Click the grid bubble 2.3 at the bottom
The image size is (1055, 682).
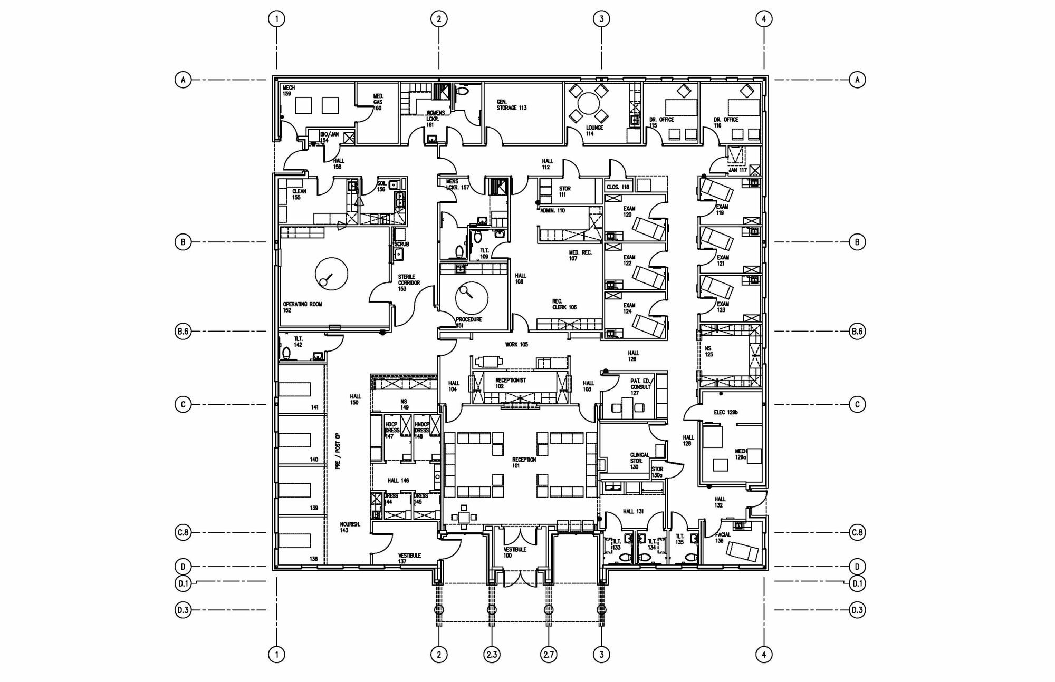(492, 655)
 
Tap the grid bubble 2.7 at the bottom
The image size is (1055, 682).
(549, 655)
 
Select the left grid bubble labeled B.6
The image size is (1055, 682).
(183, 332)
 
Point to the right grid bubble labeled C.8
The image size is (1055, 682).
(857, 532)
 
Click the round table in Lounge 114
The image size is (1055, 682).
(589, 103)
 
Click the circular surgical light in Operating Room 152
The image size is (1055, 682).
(331, 274)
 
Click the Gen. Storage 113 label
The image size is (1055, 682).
(511, 105)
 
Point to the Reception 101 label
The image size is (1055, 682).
(523, 463)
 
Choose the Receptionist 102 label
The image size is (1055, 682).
(510, 383)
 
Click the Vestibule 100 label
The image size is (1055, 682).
(514, 552)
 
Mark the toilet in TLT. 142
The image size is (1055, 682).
(286, 353)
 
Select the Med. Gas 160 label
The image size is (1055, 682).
(378, 102)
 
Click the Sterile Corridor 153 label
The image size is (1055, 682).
(409, 282)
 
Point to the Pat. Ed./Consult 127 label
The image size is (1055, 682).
(641, 387)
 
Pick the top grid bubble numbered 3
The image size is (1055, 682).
(601, 19)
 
